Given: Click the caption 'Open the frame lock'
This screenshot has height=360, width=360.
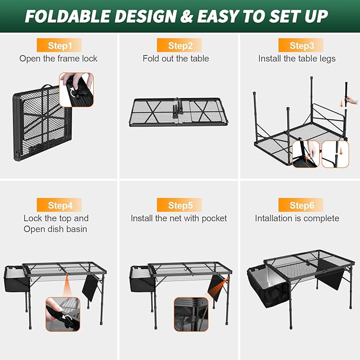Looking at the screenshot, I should pyautogui.click(x=58, y=59).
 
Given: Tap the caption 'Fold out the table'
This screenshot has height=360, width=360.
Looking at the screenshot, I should pyautogui.click(x=175, y=59).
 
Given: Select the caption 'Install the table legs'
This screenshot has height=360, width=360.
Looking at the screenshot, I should pyautogui.click(x=297, y=59).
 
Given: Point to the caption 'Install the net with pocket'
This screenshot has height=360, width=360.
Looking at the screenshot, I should pyautogui.click(x=179, y=218).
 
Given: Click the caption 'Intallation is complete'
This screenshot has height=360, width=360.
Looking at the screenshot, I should pyautogui.click(x=297, y=218).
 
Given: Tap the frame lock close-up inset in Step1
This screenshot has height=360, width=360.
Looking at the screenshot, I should pyautogui.click(x=76, y=89).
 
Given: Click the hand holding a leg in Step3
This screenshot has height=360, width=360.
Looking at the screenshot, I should pyautogui.click(x=350, y=100).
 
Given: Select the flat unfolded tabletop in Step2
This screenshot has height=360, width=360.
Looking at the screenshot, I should pyautogui.click(x=175, y=112).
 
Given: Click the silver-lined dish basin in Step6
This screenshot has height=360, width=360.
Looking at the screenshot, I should pyautogui.click(x=268, y=284).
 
